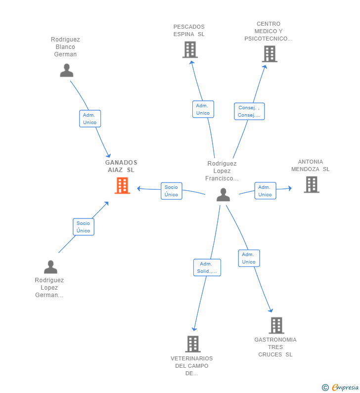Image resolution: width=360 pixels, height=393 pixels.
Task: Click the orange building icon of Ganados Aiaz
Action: pos(122,185)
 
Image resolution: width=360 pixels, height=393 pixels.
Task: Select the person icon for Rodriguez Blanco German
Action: pos(67,70)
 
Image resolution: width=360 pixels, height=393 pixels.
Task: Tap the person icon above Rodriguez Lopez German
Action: pos(50,267)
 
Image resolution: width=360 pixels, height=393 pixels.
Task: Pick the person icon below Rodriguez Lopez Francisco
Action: pos(223,195)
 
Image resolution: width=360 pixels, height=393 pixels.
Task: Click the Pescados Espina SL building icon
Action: pos(190,49)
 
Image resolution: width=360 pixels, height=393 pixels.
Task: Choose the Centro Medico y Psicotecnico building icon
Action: pos(270,54)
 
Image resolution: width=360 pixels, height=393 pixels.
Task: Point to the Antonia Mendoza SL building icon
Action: pos(312,184)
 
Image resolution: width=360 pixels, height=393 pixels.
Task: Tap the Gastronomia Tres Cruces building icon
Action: pos(276,325)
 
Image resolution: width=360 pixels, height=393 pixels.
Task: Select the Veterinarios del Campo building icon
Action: pos(193,344)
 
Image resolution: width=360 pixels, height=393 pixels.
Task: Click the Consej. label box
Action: pos(249,111)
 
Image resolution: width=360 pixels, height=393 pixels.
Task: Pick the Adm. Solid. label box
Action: pos(207,267)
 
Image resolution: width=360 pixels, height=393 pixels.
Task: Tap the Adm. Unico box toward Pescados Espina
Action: pos(203,109)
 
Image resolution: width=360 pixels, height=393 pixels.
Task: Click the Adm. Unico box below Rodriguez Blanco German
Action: pos(90,119)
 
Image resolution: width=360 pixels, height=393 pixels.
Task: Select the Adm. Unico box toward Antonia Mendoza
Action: pos(265,191)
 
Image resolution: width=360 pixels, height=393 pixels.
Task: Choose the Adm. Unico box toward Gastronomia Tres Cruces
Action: pos(249,258)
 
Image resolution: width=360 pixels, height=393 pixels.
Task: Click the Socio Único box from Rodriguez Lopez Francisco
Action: pos(172,191)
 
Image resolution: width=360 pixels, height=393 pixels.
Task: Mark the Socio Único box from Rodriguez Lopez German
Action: pos(84,227)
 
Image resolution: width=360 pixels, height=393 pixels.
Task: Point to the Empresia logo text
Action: pos(345,387)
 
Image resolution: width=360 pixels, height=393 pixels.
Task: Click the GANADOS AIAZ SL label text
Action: pos(121,166)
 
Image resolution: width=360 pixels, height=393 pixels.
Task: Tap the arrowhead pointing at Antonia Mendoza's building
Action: pos(290,188)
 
